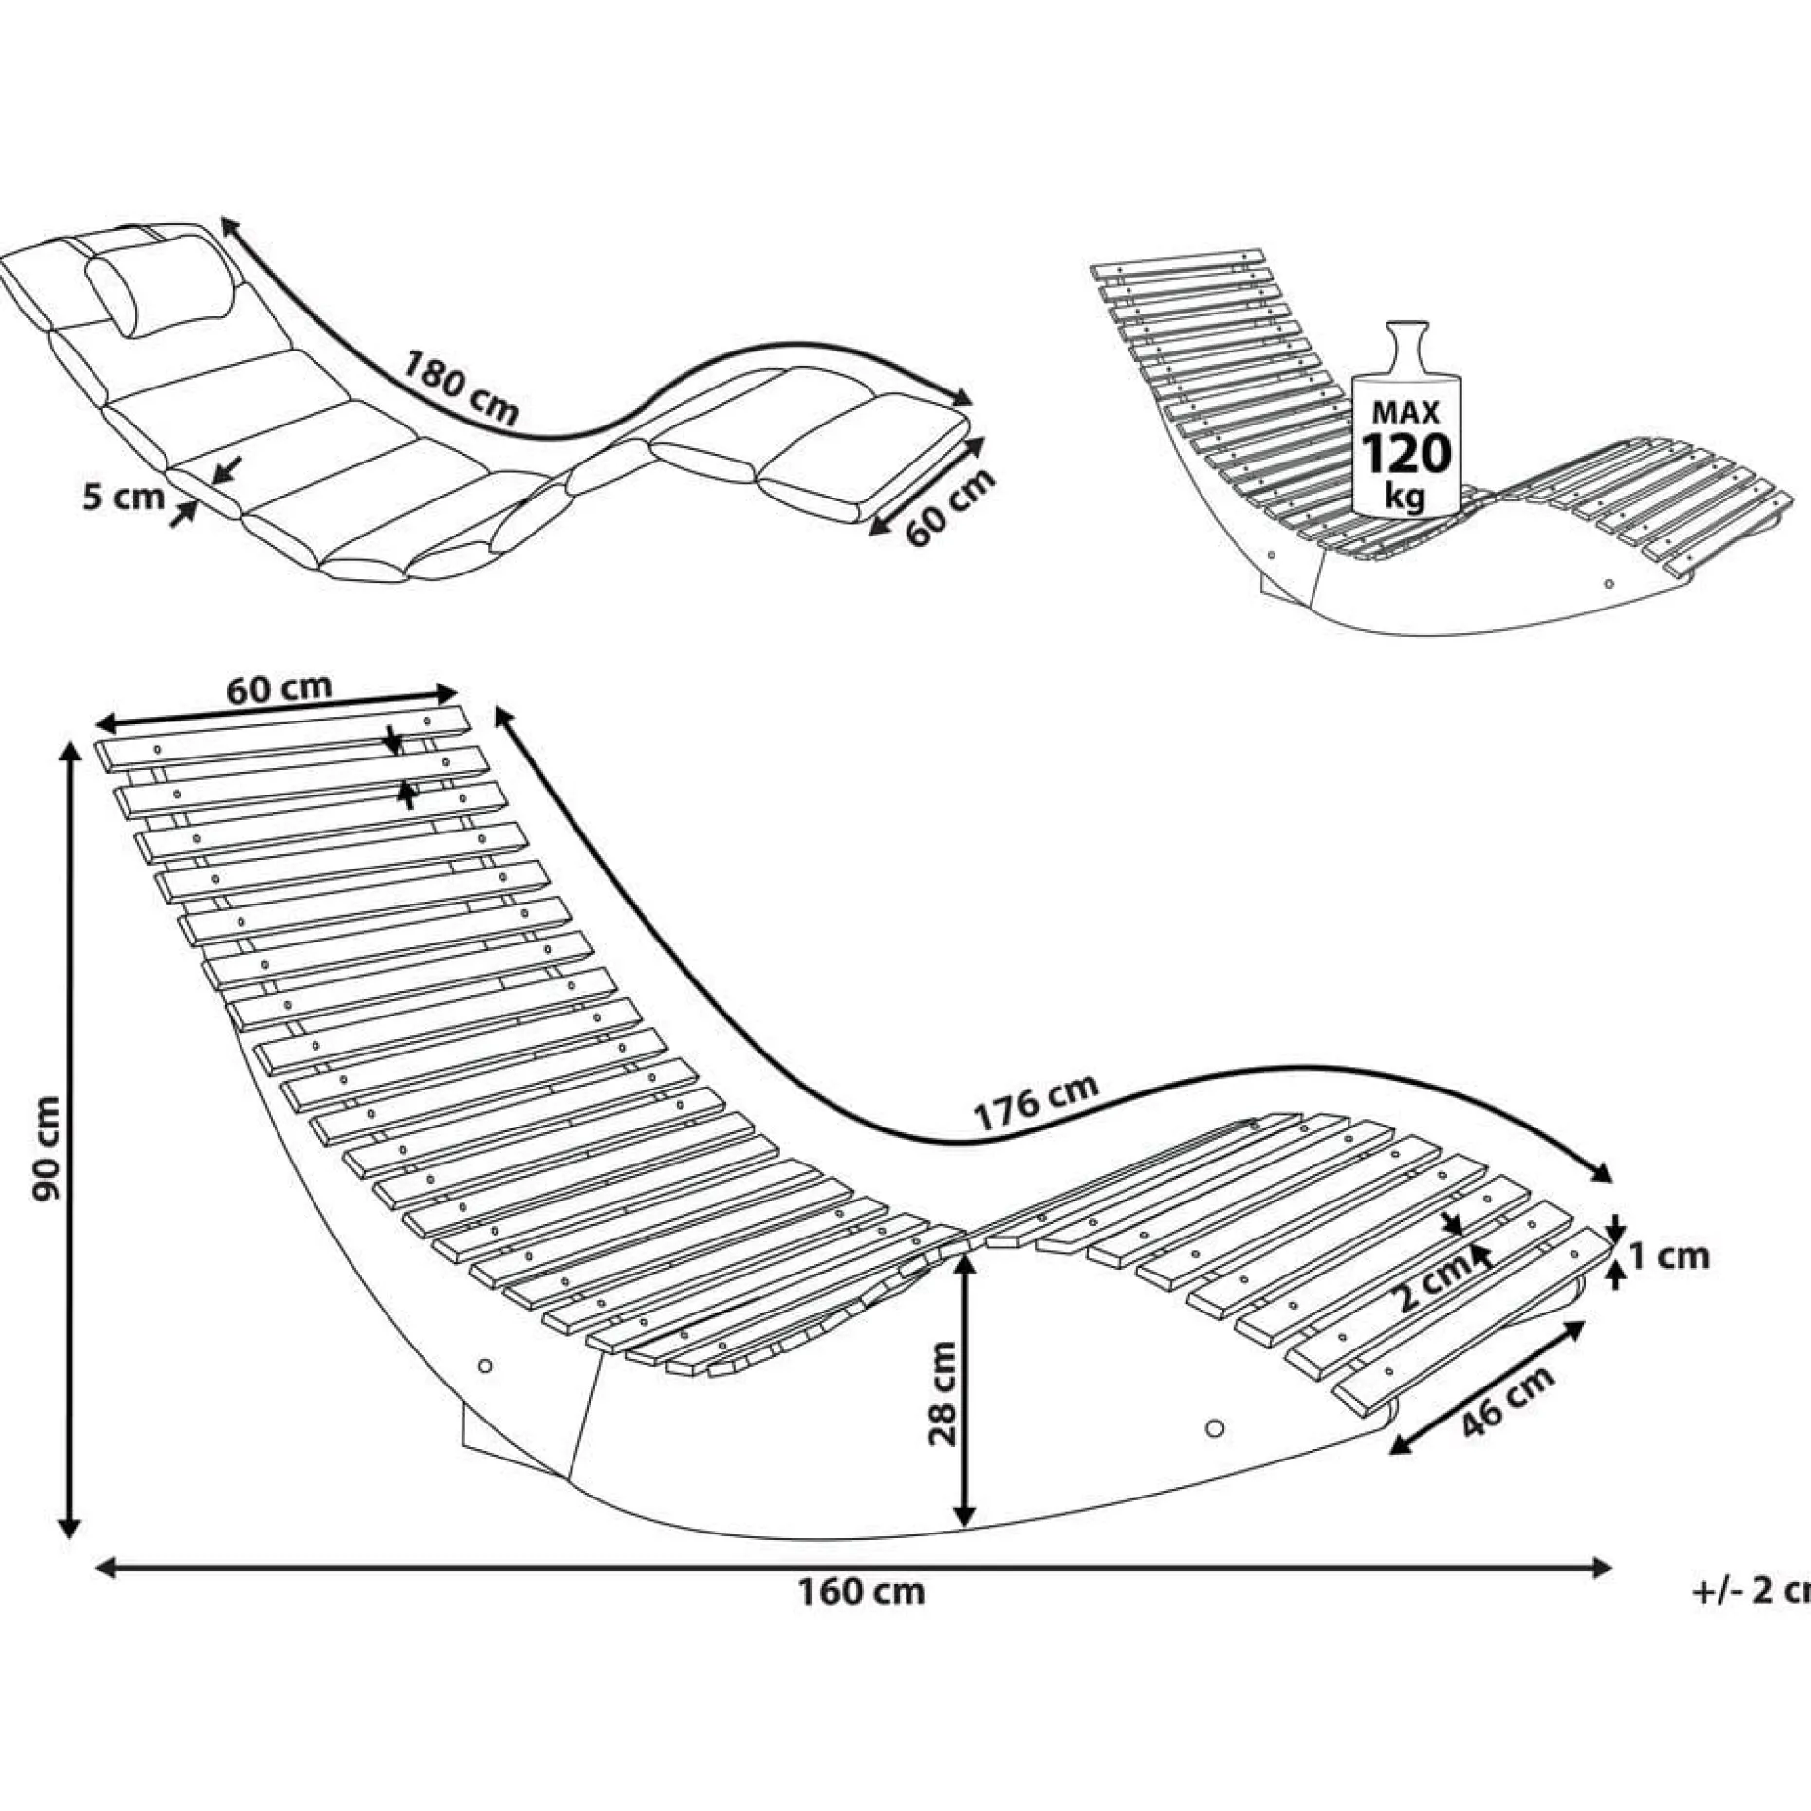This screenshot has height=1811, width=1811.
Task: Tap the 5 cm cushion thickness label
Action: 124,497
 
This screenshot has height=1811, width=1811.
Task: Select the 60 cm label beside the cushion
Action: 951,507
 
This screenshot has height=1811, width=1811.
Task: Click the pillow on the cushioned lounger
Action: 161,282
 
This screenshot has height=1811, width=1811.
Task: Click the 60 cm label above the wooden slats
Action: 279,688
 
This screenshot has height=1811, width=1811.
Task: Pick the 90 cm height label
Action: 47,1148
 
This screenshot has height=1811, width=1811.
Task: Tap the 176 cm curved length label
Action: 1037,1101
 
